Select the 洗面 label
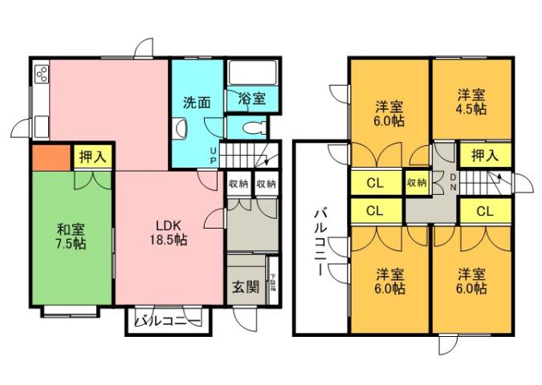(197, 103)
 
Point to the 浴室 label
(252, 99)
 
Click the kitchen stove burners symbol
(42, 77)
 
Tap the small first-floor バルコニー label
(167, 322)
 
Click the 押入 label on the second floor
(484, 156)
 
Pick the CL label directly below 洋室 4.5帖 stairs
(484, 212)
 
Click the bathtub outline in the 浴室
(253, 73)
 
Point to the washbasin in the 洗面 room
(181, 127)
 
